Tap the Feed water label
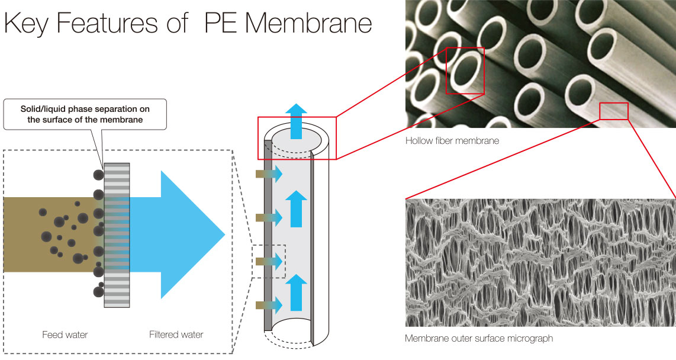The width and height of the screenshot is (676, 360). coord(65,335)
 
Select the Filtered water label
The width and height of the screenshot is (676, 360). coord(176,335)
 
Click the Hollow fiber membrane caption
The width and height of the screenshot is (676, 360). coord(452,141)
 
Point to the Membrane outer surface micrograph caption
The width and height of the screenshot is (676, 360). coord(479,339)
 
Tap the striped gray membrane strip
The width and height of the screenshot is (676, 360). coord(117,237)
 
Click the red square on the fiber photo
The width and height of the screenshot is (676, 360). coord(465,70)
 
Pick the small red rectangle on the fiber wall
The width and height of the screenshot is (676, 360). coord(613,111)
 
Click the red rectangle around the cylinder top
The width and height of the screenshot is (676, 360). coord(297,138)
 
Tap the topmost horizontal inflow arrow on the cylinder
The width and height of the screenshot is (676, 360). coord(269,174)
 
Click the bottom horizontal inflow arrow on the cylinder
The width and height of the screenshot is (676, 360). coord(269,306)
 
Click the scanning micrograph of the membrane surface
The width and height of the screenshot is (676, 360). coord(540,262)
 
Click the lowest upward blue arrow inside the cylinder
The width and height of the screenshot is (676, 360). coord(297,296)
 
